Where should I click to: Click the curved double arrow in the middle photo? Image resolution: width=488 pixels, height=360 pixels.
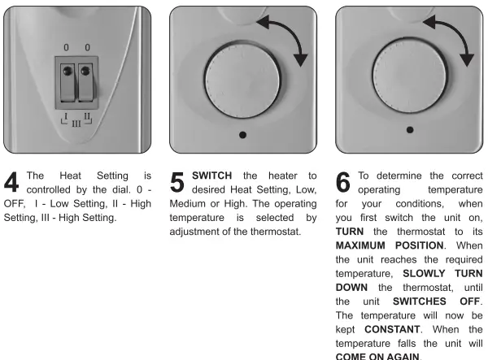pyautogui.click(x=290, y=44)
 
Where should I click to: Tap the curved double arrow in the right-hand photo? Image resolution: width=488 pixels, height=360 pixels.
pyautogui.click(x=458, y=44)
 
